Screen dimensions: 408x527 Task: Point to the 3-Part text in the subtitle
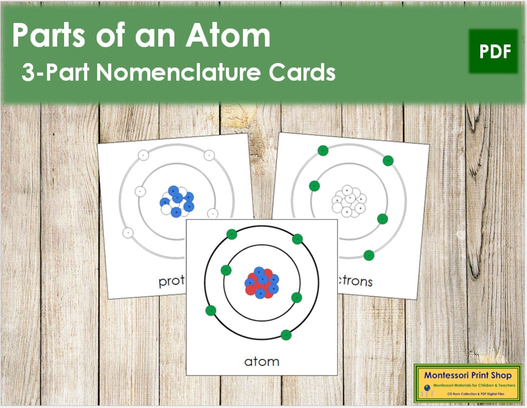(55, 73)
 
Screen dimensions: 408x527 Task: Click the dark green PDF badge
(493, 51)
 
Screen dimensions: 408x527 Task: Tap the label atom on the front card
(262, 361)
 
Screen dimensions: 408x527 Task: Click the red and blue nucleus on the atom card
(262, 283)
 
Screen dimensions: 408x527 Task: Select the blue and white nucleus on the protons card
(177, 200)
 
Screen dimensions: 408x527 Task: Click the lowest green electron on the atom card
(286, 335)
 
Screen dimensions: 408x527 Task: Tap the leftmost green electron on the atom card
(211, 311)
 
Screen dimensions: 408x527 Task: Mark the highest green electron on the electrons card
(322, 151)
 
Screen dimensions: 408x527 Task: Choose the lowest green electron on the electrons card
(369, 255)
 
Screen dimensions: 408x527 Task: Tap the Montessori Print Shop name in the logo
(467, 375)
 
